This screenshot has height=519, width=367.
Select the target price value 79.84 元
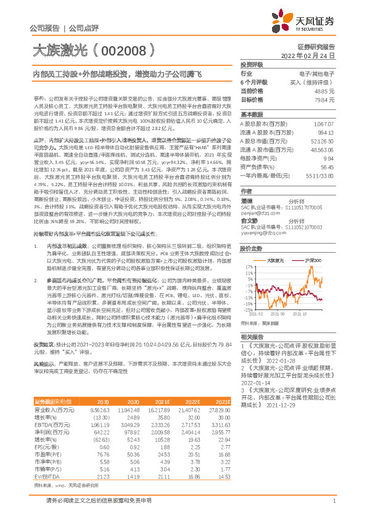324,99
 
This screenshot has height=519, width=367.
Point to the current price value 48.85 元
324,90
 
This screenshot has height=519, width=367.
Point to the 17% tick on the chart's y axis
247,267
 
